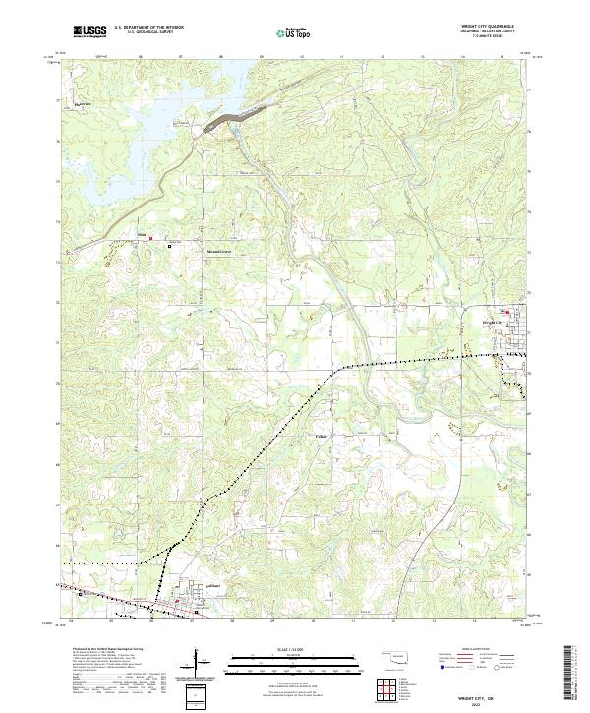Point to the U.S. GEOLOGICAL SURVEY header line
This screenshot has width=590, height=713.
click(x=146, y=32)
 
